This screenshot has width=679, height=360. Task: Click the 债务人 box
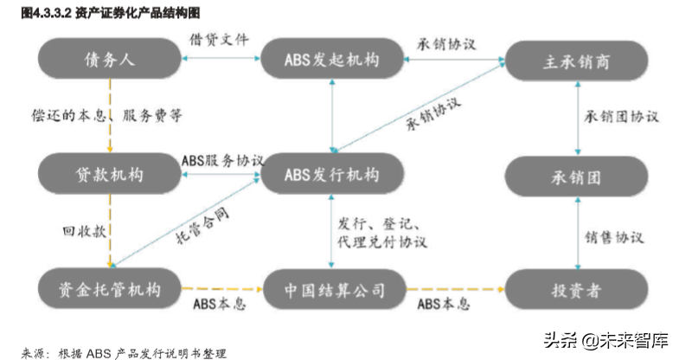[110, 61]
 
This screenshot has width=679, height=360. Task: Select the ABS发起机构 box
[332, 61]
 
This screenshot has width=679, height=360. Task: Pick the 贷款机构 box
[110, 173]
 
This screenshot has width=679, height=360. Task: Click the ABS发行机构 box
[332, 173]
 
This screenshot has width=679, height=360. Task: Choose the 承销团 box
[578, 176]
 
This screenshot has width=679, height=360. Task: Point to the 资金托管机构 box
[110, 286]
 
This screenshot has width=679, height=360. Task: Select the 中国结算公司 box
[332, 286]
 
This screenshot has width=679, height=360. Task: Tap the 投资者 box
[578, 286]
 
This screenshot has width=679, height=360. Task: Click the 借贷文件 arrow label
[219, 40]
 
